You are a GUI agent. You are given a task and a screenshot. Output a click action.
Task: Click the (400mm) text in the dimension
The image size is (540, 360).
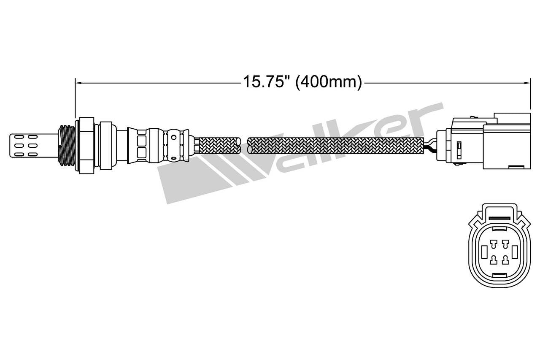pos(328,82)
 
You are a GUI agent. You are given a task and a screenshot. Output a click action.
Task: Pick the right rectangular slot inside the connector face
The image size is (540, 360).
pos(515,252)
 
